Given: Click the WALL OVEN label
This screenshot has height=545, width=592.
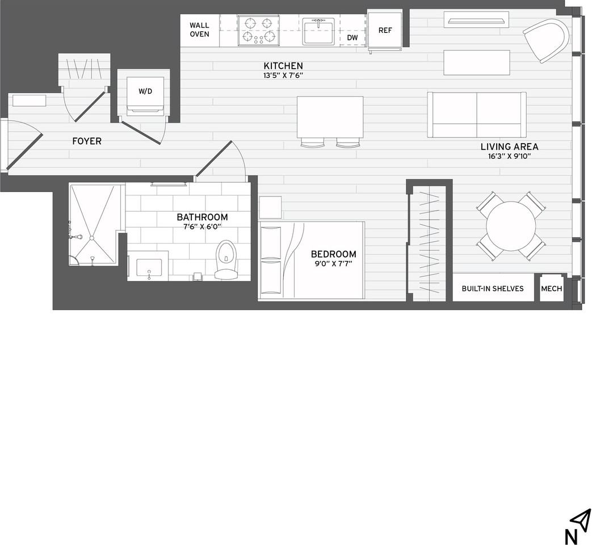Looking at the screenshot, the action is (x=199, y=30).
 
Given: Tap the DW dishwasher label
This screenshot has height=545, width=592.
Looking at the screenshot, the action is (x=352, y=37).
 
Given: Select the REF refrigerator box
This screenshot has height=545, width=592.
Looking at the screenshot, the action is (x=385, y=30).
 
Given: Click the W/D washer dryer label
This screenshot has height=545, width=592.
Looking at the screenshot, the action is (x=145, y=91).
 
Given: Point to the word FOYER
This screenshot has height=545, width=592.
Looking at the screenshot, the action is (x=87, y=141).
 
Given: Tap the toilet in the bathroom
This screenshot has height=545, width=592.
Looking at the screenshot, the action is (x=225, y=259).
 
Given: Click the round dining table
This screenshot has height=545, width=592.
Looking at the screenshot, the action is (x=511, y=226).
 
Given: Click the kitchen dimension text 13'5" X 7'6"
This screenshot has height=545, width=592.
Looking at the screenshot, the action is (x=283, y=75).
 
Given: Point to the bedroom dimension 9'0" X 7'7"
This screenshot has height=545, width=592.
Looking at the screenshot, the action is (x=333, y=263).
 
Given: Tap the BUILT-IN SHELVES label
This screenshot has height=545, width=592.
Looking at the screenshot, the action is (x=493, y=288).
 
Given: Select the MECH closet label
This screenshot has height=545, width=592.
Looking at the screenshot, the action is (x=552, y=288).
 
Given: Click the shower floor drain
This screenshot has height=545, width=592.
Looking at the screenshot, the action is (x=91, y=238).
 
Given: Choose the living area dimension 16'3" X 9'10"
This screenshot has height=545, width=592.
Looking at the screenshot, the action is (x=509, y=156).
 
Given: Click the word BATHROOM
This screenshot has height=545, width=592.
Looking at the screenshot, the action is (x=203, y=217).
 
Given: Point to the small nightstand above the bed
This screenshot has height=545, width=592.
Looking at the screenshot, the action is (x=270, y=207).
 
